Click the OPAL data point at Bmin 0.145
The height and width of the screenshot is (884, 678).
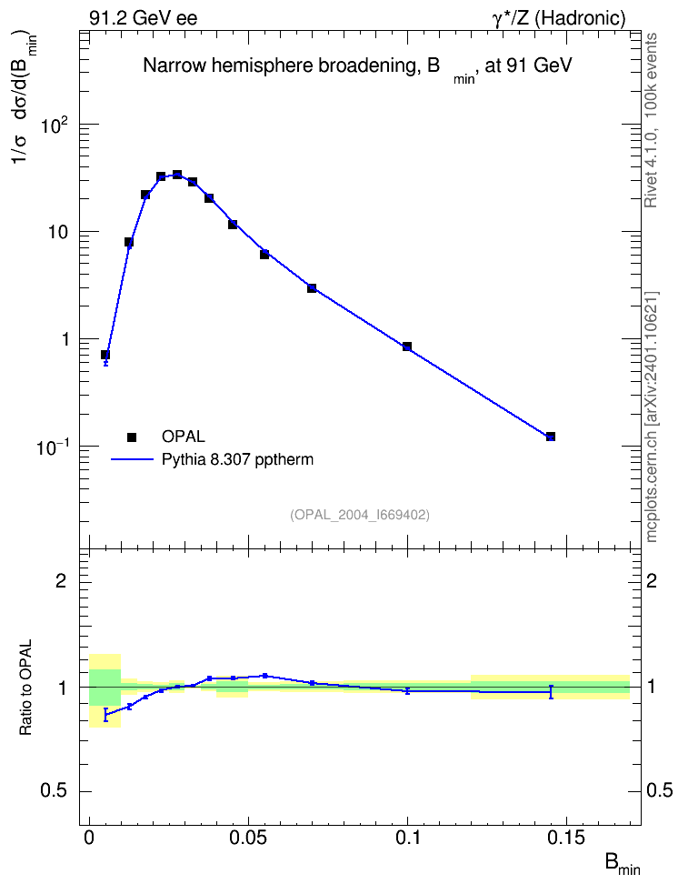click(x=551, y=437)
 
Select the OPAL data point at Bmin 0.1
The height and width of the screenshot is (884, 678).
click(x=407, y=347)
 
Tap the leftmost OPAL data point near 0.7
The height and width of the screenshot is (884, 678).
click(x=105, y=355)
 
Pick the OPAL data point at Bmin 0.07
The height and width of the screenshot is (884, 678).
click(x=312, y=288)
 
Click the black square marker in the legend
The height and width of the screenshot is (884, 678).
click(x=132, y=437)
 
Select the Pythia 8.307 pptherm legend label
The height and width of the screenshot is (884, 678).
click(x=237, y=459)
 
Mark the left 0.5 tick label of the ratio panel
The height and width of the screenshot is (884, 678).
click(x=53, y=791)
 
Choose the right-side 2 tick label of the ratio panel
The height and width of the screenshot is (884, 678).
click(x=652, y=580)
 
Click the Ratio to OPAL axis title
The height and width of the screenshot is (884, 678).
click(x=25, y=688)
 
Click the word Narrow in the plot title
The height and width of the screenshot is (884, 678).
click(x=170, y=65)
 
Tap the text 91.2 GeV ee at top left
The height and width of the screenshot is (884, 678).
click(x=144, y=18)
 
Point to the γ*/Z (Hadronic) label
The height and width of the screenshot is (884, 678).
click(x=559, y=18)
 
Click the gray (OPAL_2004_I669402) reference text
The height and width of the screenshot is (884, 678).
click(x=360, y=515)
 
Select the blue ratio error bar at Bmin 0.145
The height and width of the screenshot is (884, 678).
click(x=551, y=692)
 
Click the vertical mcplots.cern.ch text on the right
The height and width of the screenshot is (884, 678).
click(x=651, y=417)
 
